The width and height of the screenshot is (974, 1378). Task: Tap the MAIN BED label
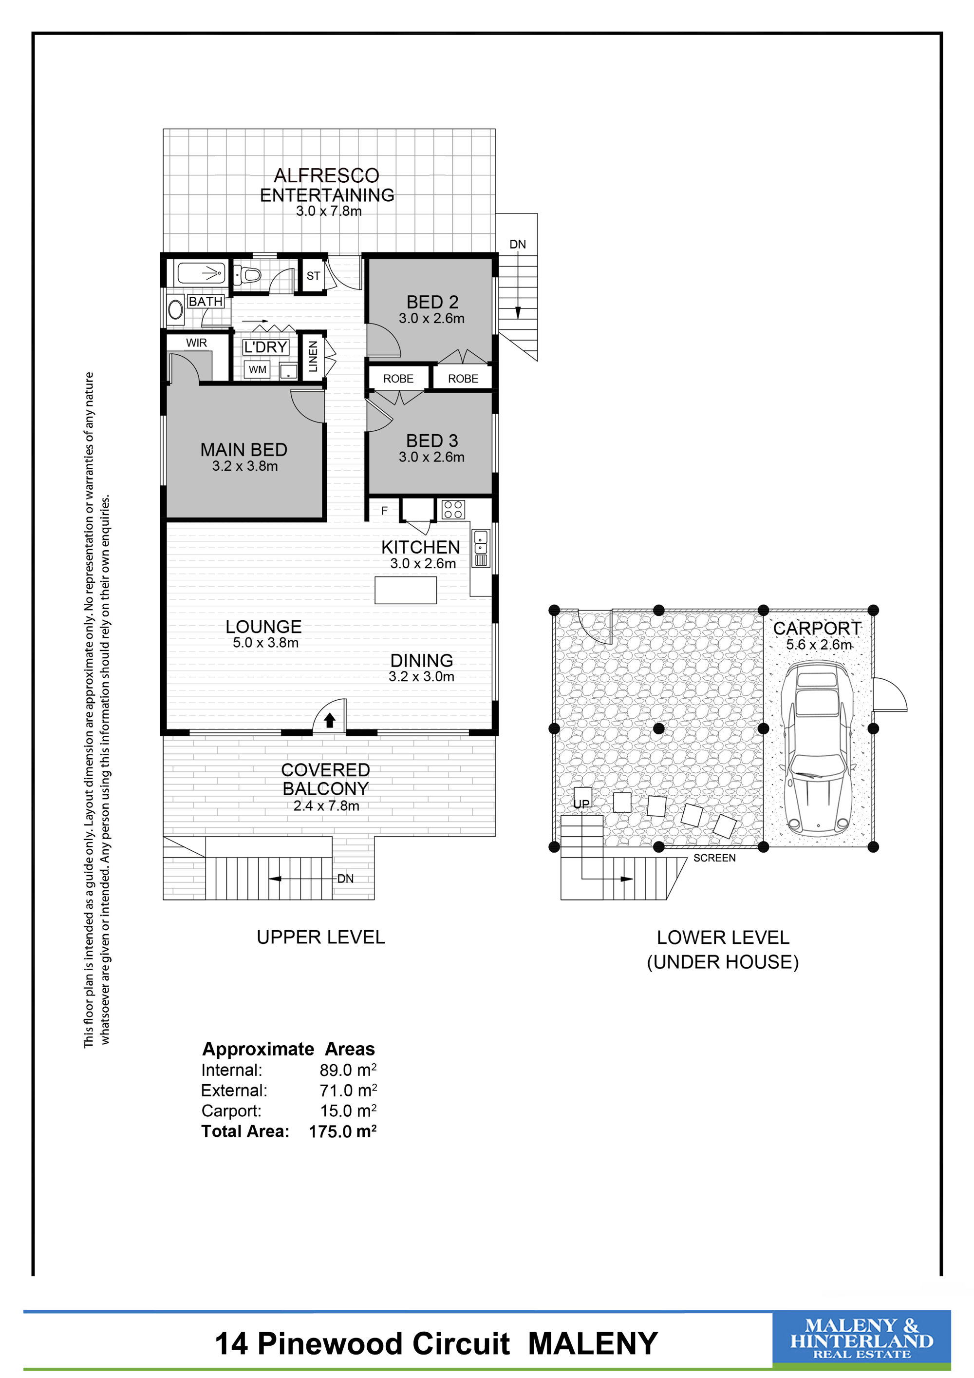243,450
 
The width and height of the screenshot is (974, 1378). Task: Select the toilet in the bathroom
247,275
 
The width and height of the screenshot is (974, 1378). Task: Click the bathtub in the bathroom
201,274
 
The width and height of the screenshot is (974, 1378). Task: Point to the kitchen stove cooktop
453,510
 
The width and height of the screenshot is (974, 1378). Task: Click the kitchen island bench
406,590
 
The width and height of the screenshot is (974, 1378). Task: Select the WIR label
196,343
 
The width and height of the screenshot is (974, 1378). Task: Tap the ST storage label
313,276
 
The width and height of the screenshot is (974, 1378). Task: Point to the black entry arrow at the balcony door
329,720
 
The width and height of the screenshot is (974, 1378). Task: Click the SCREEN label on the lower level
714,858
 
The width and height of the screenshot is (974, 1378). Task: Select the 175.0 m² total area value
342,1131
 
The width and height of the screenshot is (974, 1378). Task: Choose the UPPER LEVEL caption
321,938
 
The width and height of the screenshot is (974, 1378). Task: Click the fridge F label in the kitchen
384,511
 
